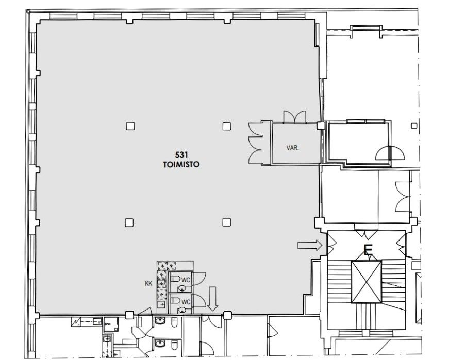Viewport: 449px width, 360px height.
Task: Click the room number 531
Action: coord(181,155)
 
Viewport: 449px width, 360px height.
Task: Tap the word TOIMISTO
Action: coord(181,164)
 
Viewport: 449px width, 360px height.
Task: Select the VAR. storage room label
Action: coord(292,148)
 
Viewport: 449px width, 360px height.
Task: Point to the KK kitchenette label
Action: coord(148,284)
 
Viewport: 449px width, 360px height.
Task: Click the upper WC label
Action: coord(186,280)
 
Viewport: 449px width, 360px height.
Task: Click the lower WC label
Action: coord(186,302)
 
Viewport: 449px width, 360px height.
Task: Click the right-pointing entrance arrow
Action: coord(310,245)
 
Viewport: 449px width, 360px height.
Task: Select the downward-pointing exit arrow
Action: coord(212,299)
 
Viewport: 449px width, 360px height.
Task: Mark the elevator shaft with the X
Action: coord(366,282)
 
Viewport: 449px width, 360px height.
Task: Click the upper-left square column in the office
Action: coord(130,126)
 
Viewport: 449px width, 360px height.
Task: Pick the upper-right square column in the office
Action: coord(227,126)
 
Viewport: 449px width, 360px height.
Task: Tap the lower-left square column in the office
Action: coord(129,222)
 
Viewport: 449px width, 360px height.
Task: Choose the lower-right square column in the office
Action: coord(226,222)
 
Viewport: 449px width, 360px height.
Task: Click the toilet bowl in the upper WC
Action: coord(175,278)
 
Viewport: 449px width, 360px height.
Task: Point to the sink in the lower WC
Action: coord(182,310)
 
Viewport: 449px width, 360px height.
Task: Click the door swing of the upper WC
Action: coord(199,279)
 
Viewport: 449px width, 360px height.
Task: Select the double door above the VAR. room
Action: coord(295,117)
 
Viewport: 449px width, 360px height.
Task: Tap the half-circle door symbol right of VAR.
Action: coord(390,153)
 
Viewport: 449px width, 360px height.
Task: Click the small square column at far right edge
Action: coord(414,126)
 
